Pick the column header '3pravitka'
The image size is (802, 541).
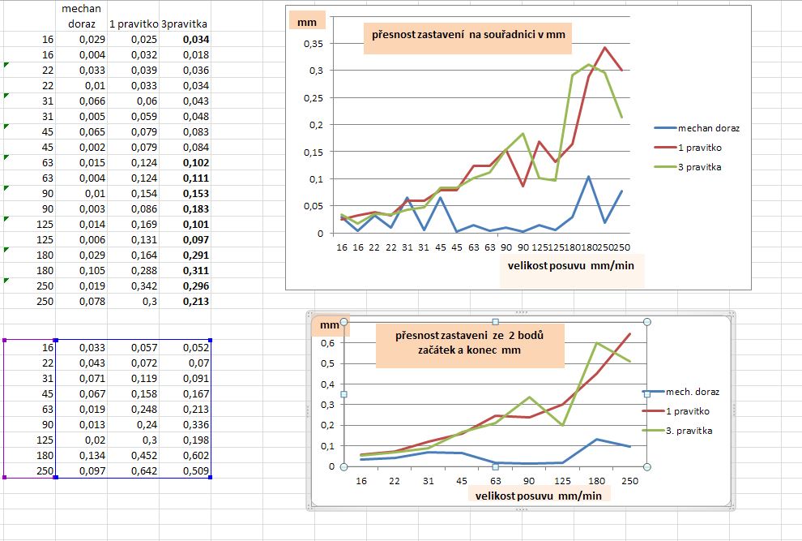pyautogui.click(x=185, y=24)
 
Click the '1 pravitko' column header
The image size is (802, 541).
pyautogui.click(x=133, y=24)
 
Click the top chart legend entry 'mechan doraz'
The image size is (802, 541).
pyautogui.click(x=709, y=128)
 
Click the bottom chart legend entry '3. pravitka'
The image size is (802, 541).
pyautogui.click(x=688, y=431)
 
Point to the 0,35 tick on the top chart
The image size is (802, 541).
pyautogui.click(x=313, y=43)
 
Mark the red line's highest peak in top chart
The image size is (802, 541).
pyautogui.click(x=604, y=48)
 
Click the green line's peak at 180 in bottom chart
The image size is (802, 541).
pyautogui.click(x=596, y=343)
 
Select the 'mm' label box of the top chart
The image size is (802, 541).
pyautogui.click(x=307, y=23)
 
